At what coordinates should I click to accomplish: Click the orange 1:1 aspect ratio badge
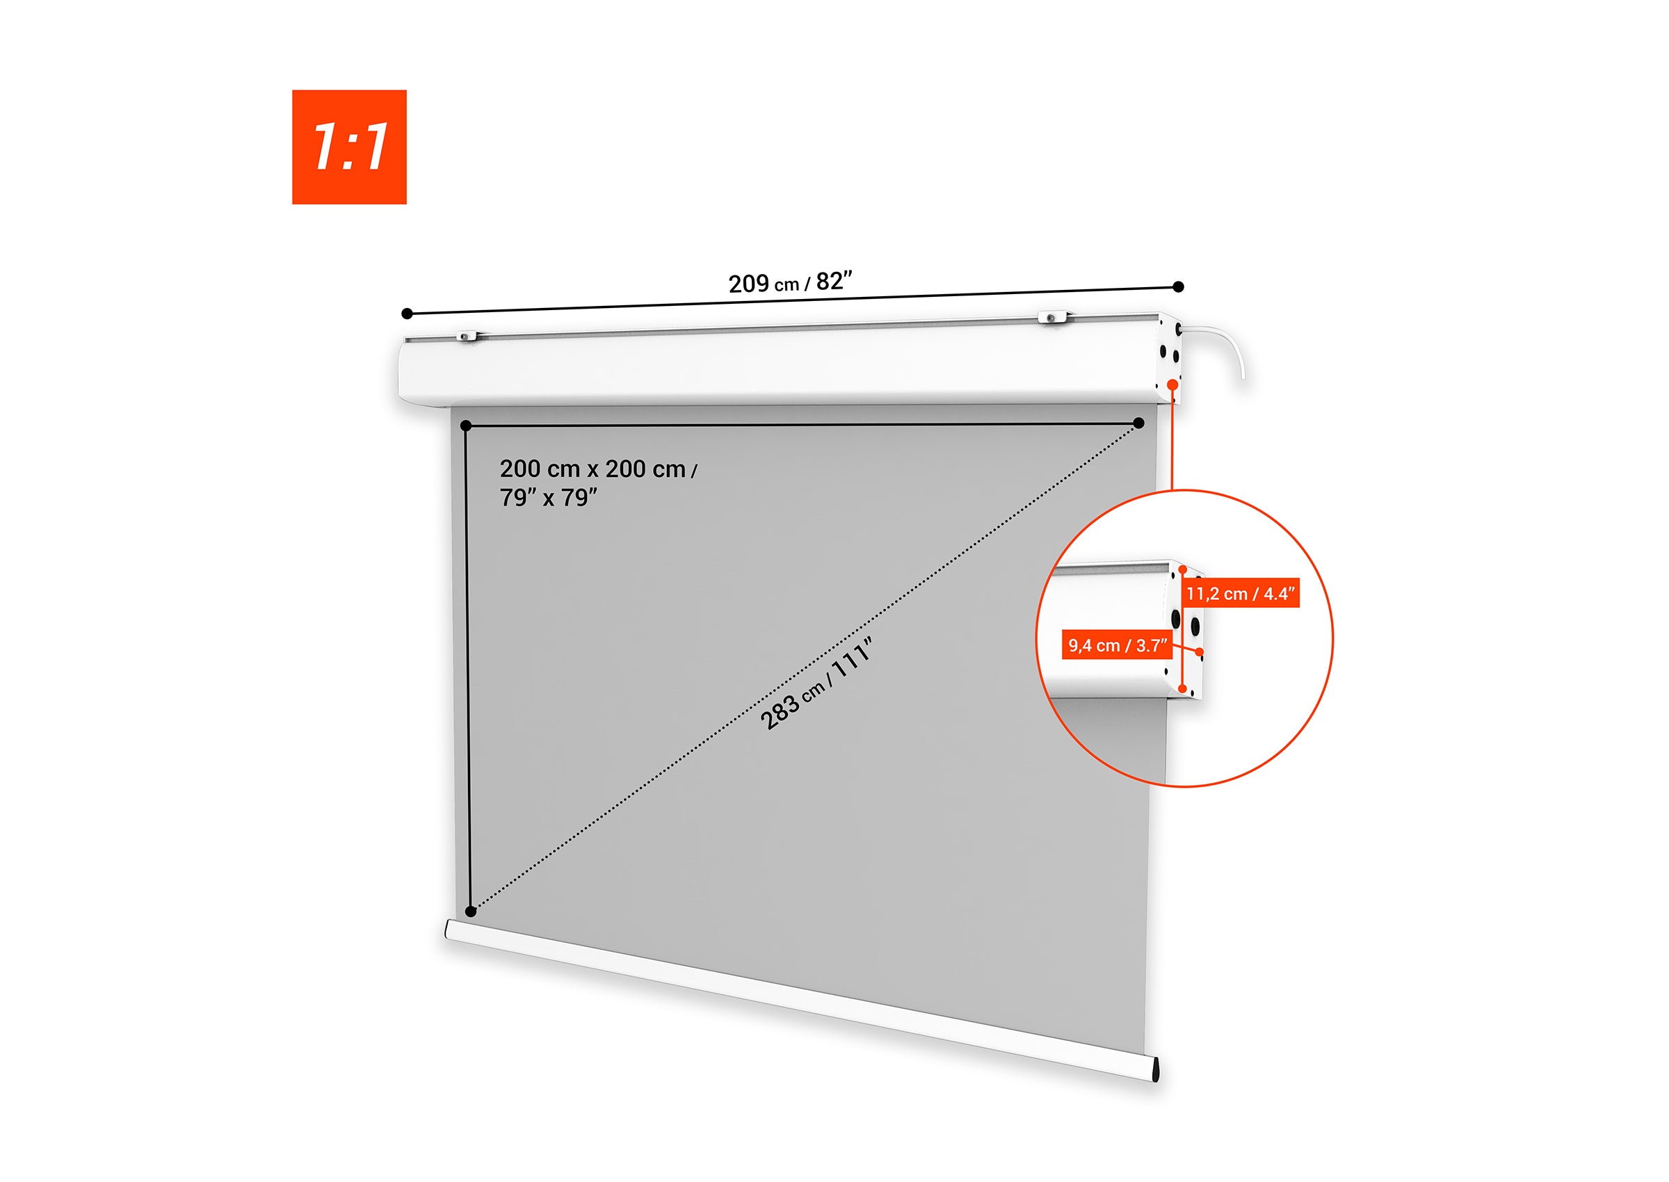tap(348, 147)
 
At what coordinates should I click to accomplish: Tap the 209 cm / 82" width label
tap(790, 282)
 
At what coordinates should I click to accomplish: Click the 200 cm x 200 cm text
tap(592, 469)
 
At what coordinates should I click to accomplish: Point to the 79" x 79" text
tap(548, 498)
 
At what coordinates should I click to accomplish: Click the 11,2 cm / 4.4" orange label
tap(1241, 594)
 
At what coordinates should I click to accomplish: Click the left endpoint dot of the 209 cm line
tap(407, 314)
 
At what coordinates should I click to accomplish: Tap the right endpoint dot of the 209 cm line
tap(1179, 286)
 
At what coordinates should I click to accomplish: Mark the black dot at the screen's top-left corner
tap(466, 426)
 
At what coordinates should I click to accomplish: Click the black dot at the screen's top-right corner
tap(1139, 423)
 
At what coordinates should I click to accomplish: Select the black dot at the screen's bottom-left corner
tap(470, 912)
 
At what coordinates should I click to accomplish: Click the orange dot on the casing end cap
tap(1172, 384)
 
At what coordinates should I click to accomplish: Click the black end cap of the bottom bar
tap(1156, 1071)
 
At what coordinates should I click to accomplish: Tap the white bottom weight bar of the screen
tap(800, 1000)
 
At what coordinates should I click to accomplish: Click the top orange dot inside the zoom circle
tap(1183, 570)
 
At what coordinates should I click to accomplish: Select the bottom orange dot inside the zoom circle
tap(1183, 688)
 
